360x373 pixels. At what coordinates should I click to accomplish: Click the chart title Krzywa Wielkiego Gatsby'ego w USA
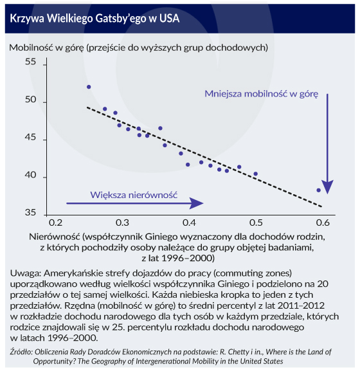(94, 18)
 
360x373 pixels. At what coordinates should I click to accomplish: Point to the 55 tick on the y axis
(30, 62)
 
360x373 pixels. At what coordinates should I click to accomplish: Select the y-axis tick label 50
(30, 100)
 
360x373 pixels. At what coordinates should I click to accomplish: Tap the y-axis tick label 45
(30, 137)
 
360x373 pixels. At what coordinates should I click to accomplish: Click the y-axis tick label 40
(30, 175)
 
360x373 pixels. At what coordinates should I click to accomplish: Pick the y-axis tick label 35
(30, 212)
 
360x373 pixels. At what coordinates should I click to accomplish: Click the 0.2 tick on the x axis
(56, 223)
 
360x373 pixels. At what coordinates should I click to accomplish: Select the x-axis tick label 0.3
(122, 223)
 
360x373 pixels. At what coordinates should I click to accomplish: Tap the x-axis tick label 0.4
(189, 223)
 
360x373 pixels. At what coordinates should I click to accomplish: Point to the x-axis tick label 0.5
(256, 223)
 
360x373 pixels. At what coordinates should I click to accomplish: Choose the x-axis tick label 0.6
(323, 223)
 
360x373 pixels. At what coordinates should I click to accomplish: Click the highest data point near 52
(89, 87)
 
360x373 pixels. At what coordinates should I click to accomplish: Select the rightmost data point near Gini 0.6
(319, 190)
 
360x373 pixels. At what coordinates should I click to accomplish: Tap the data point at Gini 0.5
(256, 174)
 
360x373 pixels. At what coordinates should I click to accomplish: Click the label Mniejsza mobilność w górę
(261, 94)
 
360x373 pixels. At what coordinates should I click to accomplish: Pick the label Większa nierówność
(134, 195)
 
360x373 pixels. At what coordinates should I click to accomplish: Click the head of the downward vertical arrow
(327, 187)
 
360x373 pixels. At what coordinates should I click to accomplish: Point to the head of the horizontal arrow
(197, 203)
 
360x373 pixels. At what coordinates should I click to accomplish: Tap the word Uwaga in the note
(26, 273)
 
